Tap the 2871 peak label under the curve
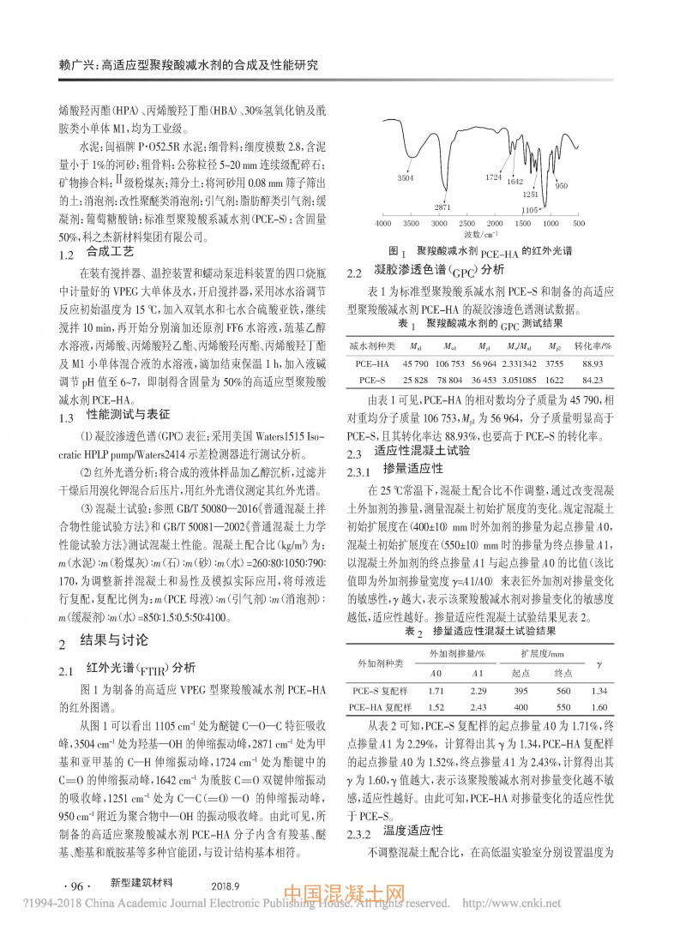[442, 207]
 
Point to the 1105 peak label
[530, 209]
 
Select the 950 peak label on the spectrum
[562, 185]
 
